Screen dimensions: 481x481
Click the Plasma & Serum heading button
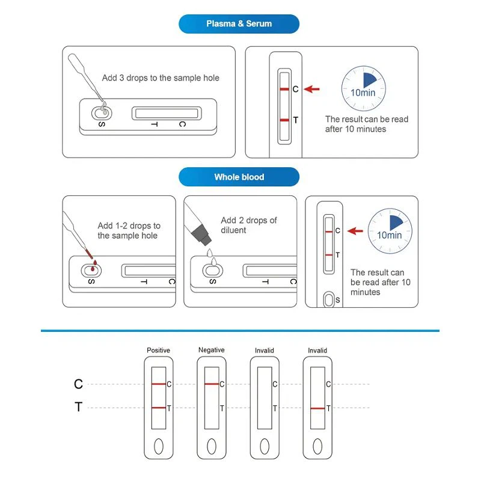[x=239, y=24]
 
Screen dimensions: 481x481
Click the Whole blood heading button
[x=239, y=177]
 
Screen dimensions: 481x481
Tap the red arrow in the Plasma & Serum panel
[x=311, y=89]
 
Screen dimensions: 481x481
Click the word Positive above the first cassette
[x=158, y=350]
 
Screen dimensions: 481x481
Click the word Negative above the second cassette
[x=211, y=350]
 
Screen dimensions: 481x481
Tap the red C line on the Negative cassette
[x=211, y=384]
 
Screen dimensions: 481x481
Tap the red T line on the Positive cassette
[x=158, y=408]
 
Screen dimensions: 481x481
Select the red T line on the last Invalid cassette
[x=317, y=408]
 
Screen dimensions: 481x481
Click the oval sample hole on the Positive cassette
[x=158, y=446]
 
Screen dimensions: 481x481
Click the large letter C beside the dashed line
[x=78, y=384]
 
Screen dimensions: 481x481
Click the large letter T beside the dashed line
[x=78, y=408]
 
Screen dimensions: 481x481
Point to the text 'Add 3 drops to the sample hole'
[x=161, y=78]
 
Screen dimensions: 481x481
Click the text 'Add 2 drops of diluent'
[x=248, y=225]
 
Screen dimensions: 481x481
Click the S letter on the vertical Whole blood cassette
[x=337, y=299]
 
